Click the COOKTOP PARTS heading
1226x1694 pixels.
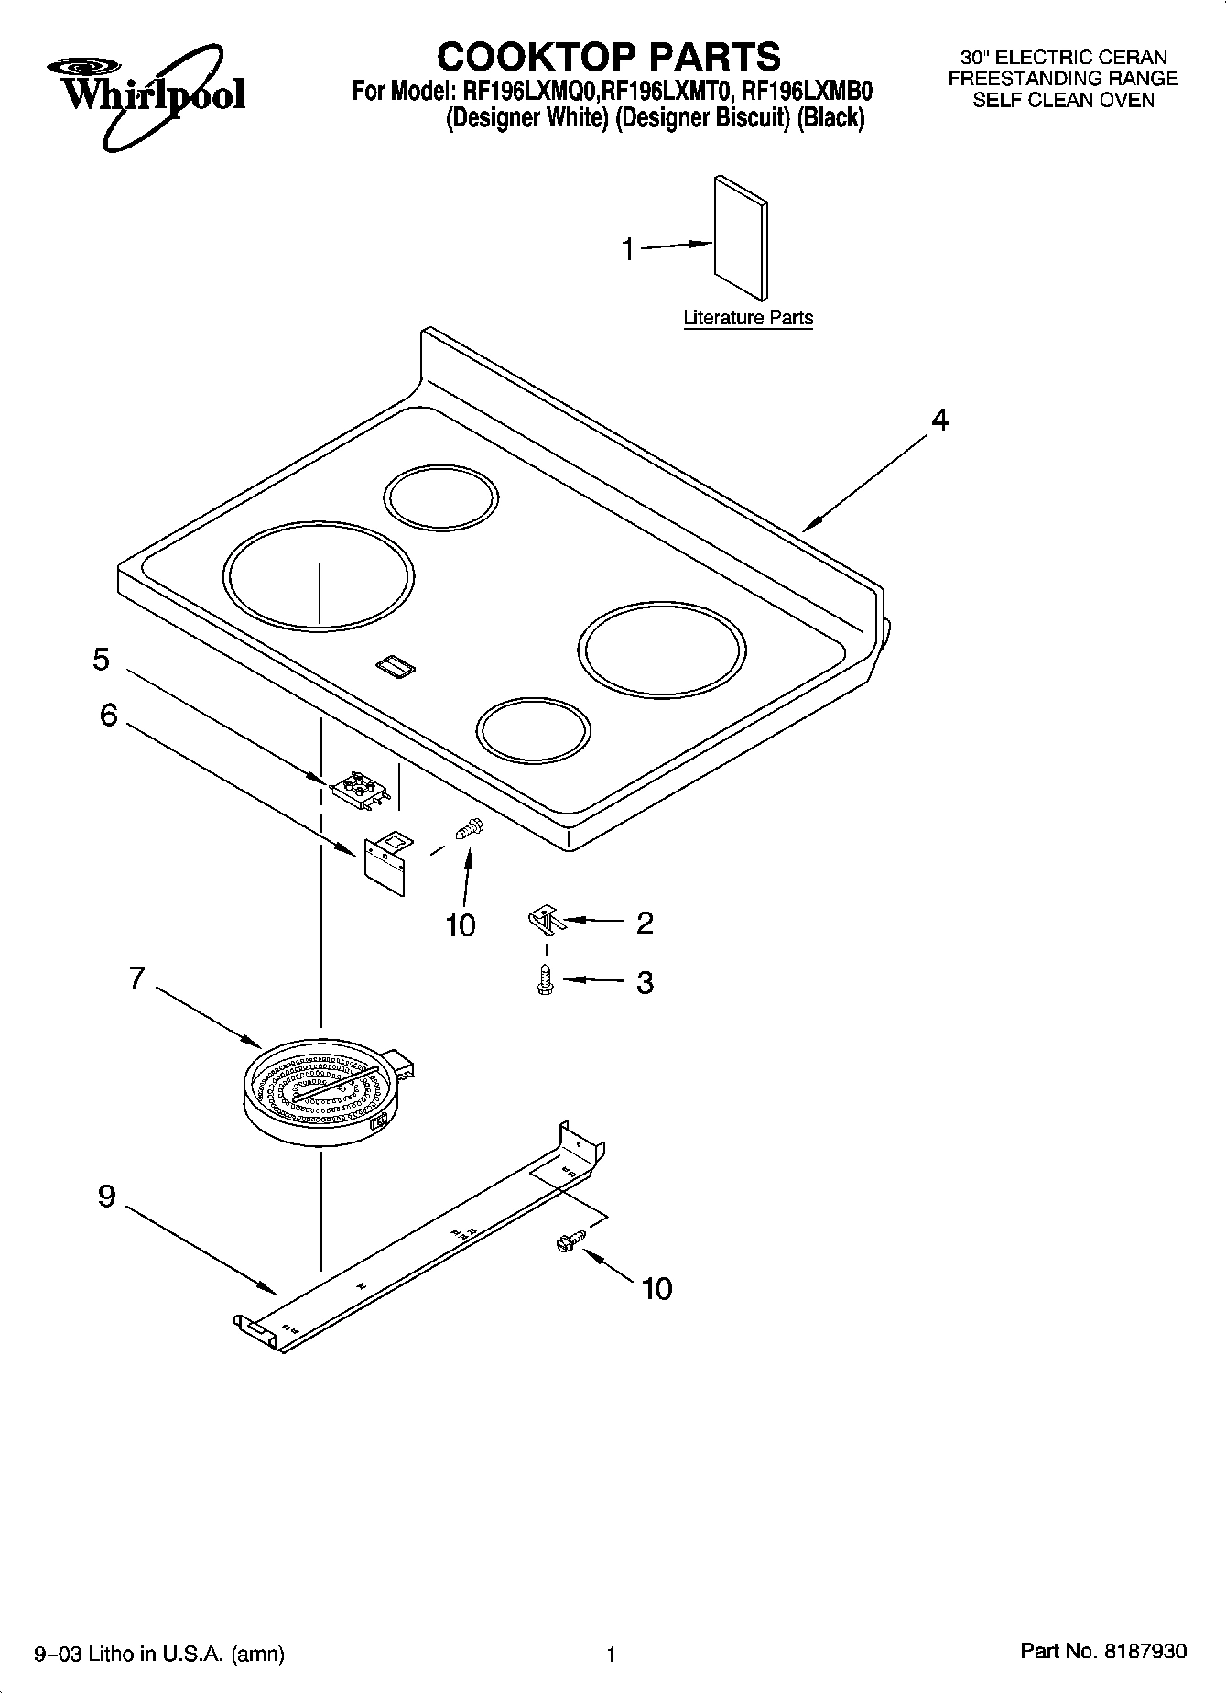pyautogui.click(x=609, y=56)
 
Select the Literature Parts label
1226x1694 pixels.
pyautogui.click(x=748, y=318)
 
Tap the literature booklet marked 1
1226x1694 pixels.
pyautogui.click(x=741, y=237)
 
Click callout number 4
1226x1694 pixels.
pyautogui.click(x=939, y=420)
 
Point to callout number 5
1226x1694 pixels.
pyautogui.click(x=101, y=659)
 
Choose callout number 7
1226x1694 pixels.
pyautogui.click(x=136, y=978)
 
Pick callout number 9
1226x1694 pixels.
pyautogui.click(x=107, y=1196)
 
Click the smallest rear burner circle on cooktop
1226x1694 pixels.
pyautogui.click(x=441, y=498)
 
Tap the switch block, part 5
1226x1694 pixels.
pyautogui.click(x=360, y=790)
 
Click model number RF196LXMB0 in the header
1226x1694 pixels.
pyautogui.click(x=807, y=92)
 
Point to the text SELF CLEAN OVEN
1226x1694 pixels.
pyautogui.click(x=1063, y=101)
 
